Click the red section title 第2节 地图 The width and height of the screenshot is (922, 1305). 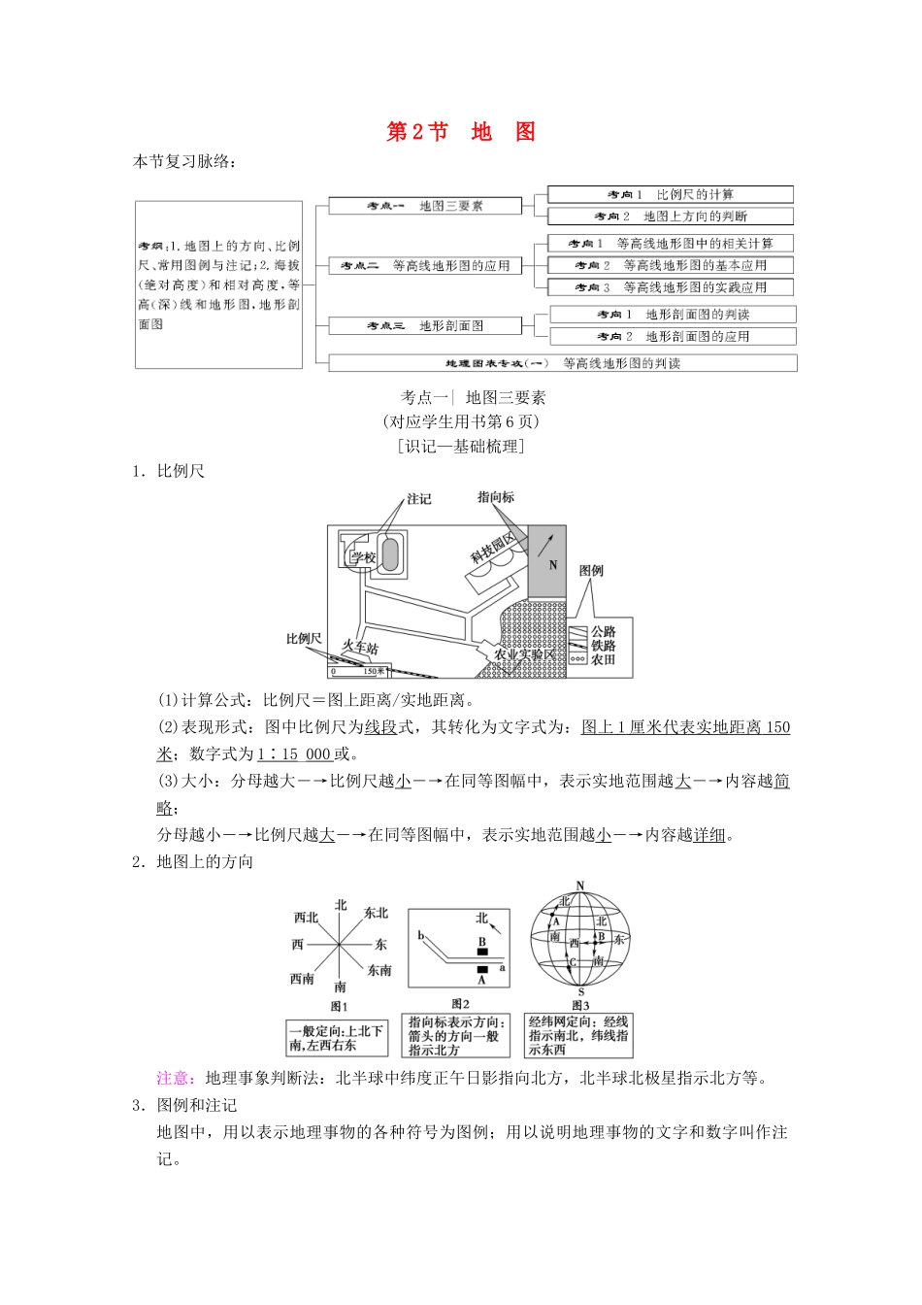click(x=461, y=132)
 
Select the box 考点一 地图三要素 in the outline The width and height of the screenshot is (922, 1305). click(x=424, y=206)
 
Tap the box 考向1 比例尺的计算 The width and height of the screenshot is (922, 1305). click(x=670, y=194)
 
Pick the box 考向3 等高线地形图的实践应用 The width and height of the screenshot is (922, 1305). click(x=670, y=287)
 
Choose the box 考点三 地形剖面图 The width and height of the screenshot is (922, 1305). click(x=424, y=326)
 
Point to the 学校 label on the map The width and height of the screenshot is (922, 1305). click(x=363, y=557)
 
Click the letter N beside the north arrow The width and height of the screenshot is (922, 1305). click(x=553, y=565)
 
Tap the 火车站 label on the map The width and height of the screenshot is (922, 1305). click(x=360, y=647)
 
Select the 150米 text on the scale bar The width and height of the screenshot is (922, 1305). click(x=374, y=671)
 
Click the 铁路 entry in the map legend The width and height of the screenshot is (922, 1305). click(x=604, y=646)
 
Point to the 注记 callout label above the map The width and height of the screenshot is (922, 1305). click(x=419, y=499)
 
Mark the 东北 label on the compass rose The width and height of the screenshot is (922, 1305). click(x=376, y=913)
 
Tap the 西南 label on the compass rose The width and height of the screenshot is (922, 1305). click(x=302, y=979)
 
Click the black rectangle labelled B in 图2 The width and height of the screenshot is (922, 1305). click(x=482, y=952)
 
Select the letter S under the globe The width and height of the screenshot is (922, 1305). click(x=580, y=991)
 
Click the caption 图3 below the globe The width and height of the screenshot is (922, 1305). click(x=580, y=1006)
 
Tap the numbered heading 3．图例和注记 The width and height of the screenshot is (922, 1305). click(x=184, y=1105)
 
